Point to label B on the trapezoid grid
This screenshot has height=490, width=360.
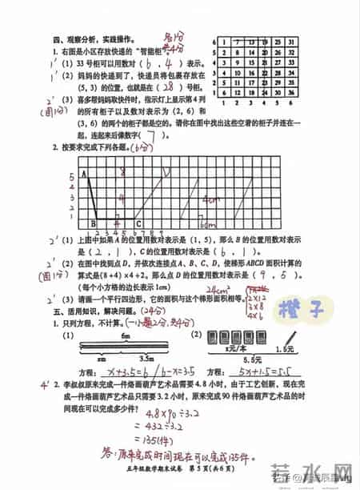tap(92, 224)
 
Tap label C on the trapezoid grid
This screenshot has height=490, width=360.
tap(140, 224)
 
